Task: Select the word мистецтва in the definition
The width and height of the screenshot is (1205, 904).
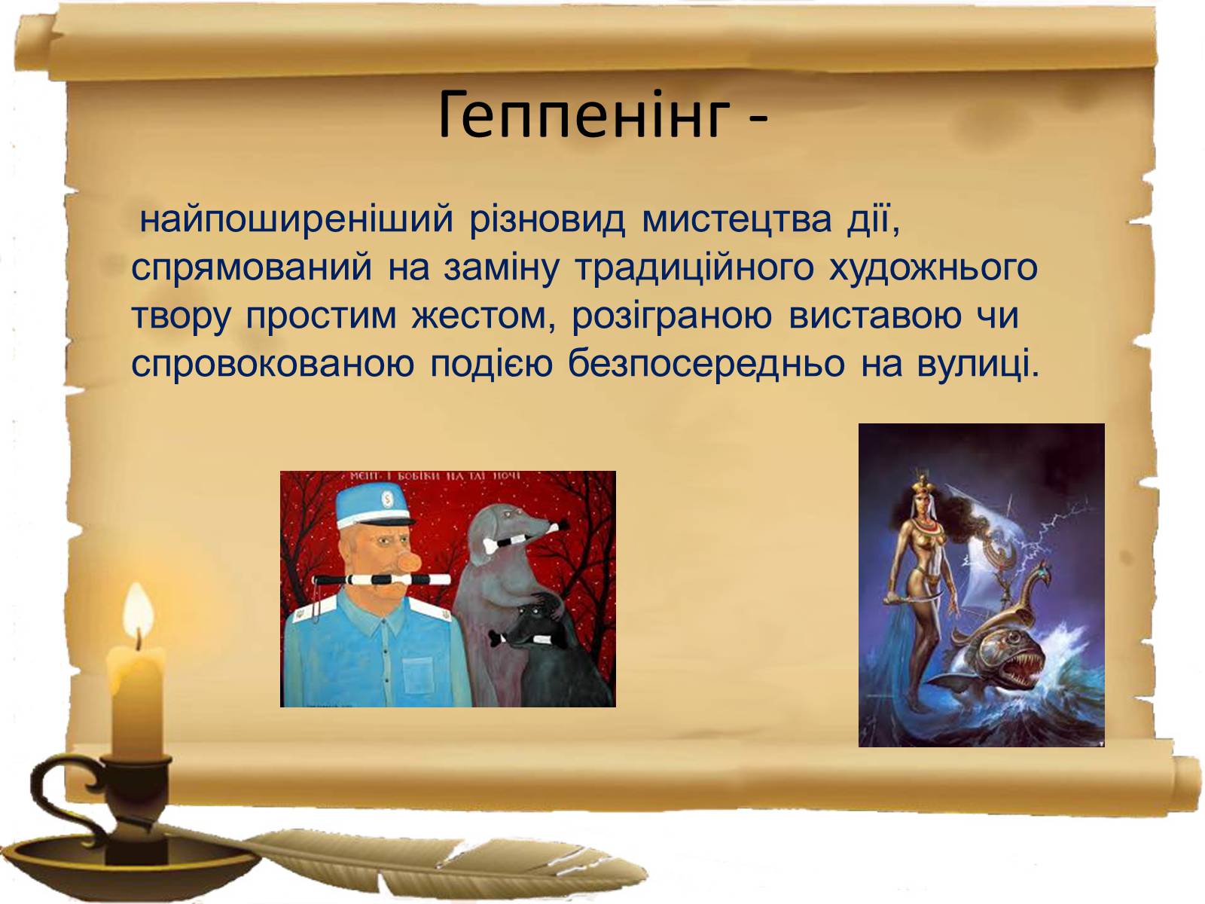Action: (736, 219)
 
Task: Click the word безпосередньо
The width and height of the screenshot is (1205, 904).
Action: (706, 365)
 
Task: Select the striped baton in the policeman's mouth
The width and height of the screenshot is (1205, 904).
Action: (381, 579)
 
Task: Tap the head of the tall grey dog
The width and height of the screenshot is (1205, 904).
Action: (508, 527)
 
